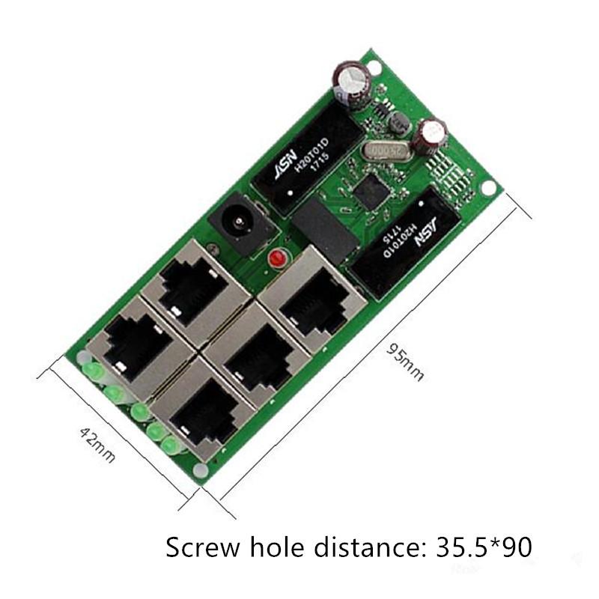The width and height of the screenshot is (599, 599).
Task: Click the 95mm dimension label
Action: point(406,362)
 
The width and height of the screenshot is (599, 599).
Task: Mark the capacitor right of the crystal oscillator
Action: point(434,136)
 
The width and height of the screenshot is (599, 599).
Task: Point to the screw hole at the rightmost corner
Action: point(490,189)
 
